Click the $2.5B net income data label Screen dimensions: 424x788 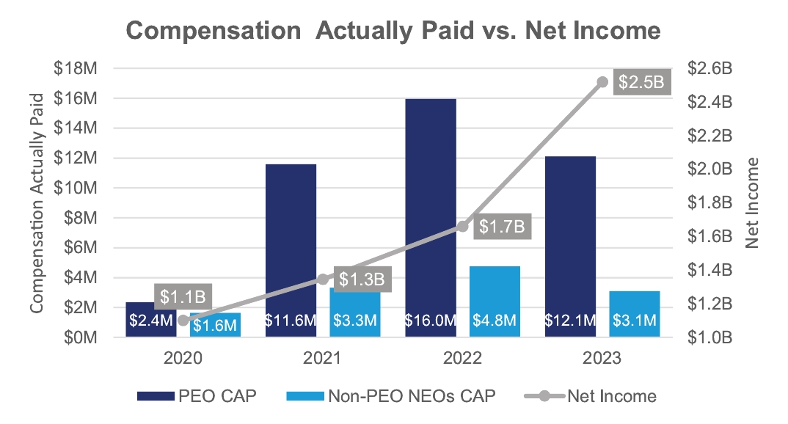tap(640, 82)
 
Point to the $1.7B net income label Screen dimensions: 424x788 tap(502, 227)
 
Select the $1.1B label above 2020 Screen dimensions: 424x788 tap(183, 297)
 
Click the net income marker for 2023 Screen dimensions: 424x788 tap(602, 82)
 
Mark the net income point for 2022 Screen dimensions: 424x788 tap(462, 227)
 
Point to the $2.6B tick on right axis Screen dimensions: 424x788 tap(709, 68)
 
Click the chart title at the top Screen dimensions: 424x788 tap(393, 31)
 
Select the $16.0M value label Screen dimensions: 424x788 tap(429, 321)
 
